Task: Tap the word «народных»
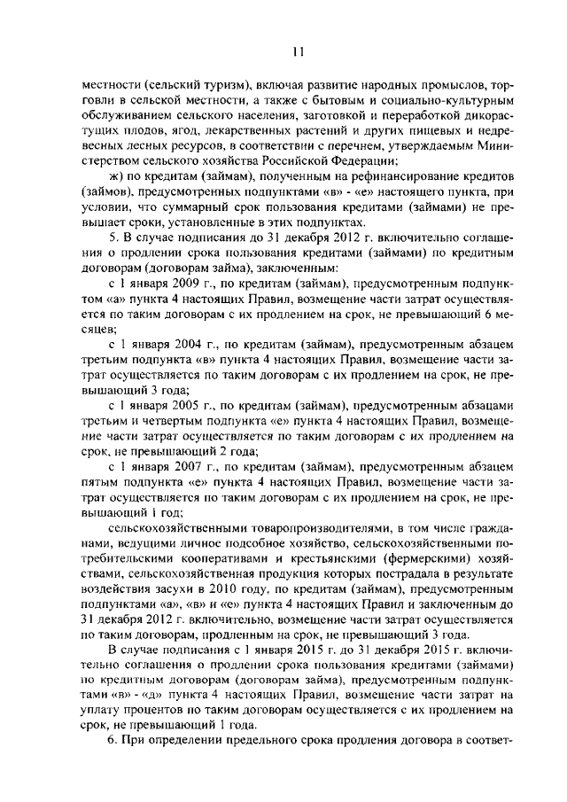pyautogui.click(x=384, y=87)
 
